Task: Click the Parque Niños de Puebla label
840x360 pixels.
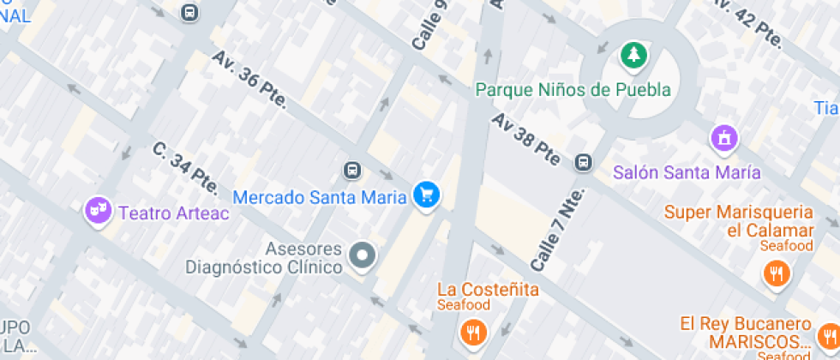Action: click(x=572, y=89)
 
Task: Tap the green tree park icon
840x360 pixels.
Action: click(x=633, y=56)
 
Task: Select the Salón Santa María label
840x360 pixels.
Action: click(x=687, y=172)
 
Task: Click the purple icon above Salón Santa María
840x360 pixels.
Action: click(x=724, y=137)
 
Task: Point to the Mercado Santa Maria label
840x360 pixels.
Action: click(x=319, y=197)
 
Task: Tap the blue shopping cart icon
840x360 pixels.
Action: click(x=425, y=195)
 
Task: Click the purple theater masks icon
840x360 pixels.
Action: click(x=98, y=209)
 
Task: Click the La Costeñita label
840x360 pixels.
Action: click(x=488, y=289)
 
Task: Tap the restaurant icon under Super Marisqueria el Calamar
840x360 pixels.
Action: click(x=776, y=273)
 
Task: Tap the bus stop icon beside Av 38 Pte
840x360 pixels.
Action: click(x=584, y=162)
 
